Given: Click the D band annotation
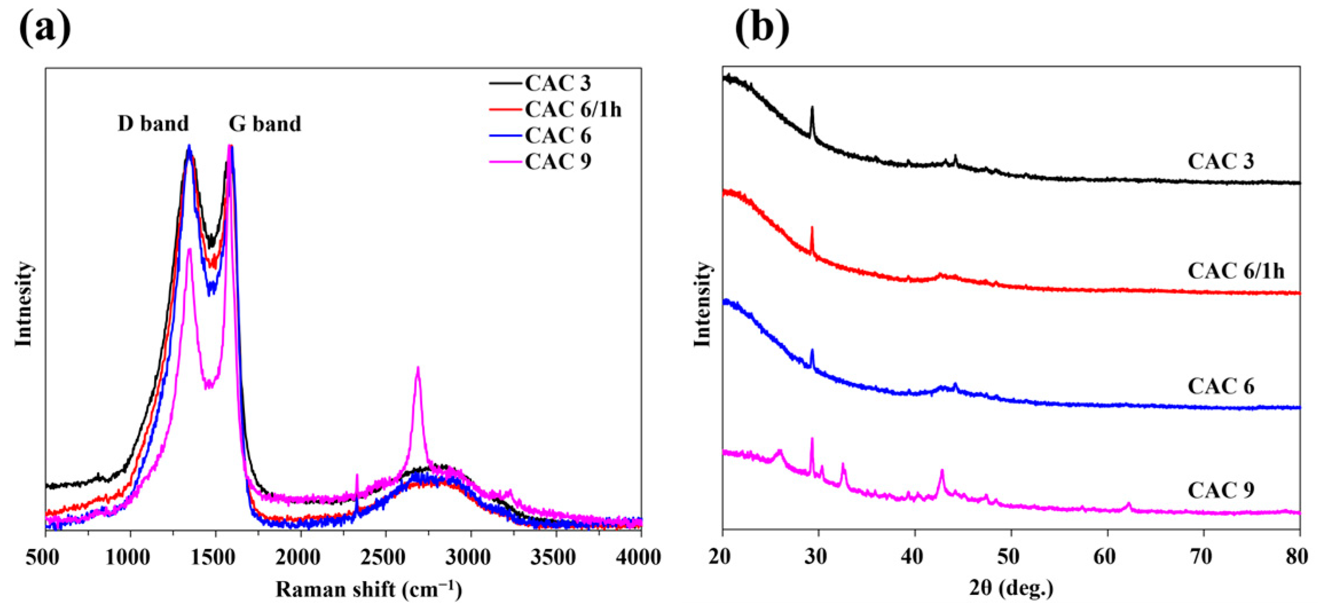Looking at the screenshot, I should (x=153, y=124).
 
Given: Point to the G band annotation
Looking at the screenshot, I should (x=265, y=124).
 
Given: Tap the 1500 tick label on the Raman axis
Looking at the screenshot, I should (x=215, y=557).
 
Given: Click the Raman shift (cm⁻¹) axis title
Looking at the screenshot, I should (x=368, y=589).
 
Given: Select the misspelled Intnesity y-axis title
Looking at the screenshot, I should (x=23, y=303).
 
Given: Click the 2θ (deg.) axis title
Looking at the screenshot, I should (x=1011, y=588).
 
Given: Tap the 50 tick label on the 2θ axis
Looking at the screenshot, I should (x=1011, y=557).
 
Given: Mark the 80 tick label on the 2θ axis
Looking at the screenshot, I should (x=1297, y=557).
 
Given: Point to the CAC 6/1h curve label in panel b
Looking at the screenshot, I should (x=1236, y=271).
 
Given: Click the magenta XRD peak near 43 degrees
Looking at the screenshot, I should (x=942, y=472).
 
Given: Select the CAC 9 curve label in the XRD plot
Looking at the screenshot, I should (x=1221, y=490).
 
